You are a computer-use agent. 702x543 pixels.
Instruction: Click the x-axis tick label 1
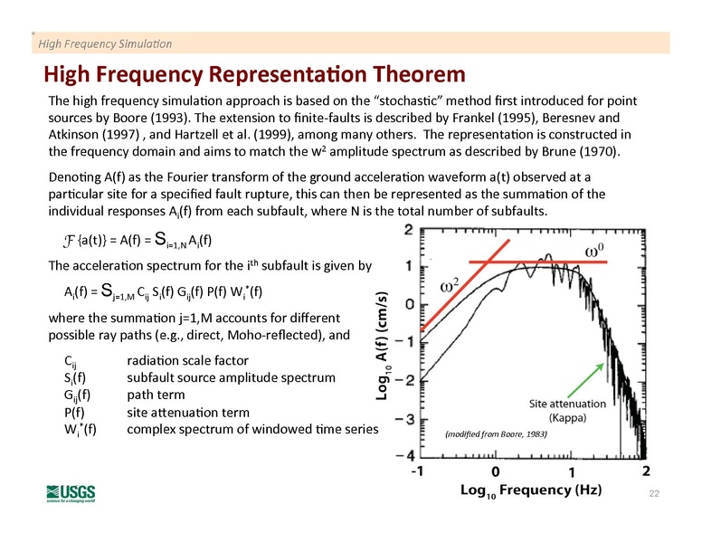[571, 472]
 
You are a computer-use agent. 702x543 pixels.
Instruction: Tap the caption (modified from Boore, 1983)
[497, 433]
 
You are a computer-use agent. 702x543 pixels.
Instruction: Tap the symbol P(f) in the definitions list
[67, 412]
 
